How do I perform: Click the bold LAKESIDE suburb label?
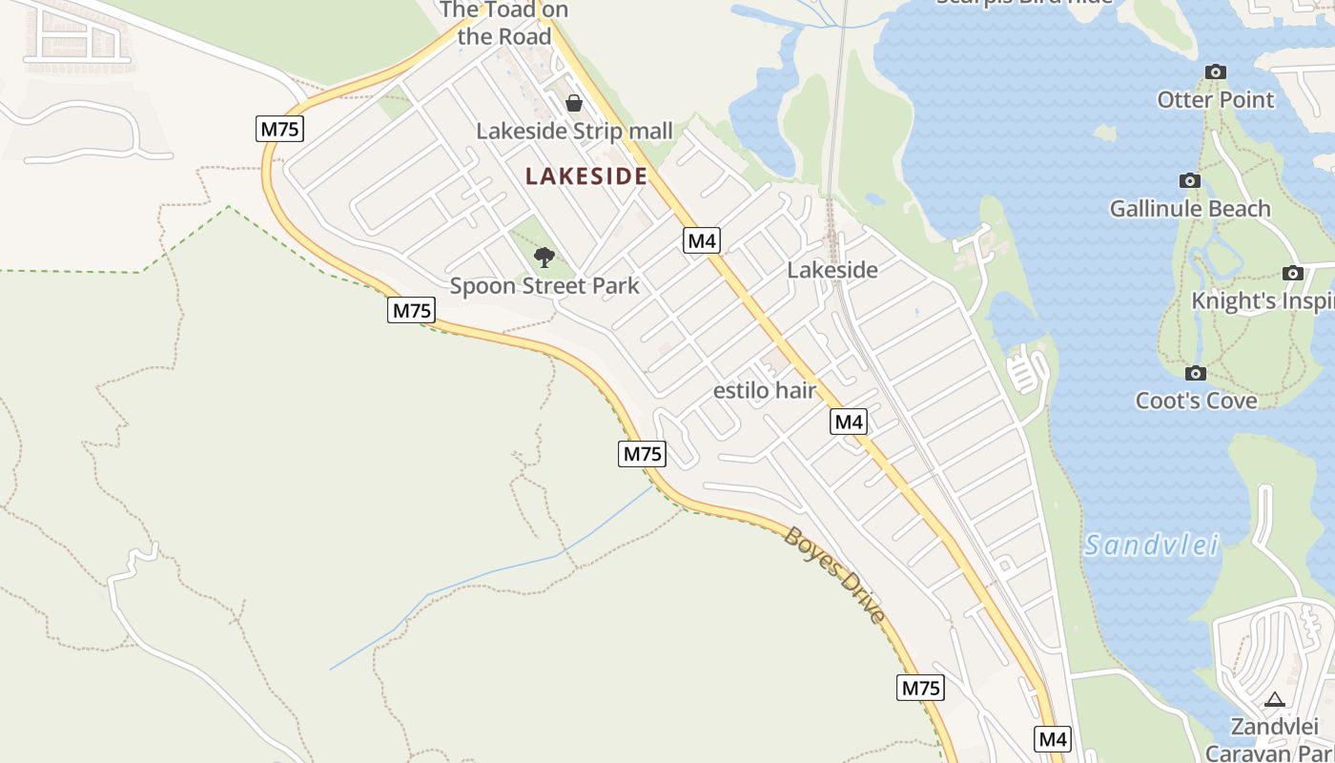586,176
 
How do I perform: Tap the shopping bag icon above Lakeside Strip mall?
574,103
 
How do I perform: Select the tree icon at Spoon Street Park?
544,257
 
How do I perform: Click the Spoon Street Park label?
544,285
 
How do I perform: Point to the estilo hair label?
765,390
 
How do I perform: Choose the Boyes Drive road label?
834,575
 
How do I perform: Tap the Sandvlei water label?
1152,546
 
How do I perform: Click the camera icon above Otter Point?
1215,72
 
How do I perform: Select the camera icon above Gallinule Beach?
1189,180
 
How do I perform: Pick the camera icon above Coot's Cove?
1196,373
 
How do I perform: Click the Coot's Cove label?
1196,401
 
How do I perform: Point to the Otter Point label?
1215,99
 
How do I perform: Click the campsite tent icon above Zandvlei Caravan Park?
1275,700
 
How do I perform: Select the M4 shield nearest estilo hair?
848,421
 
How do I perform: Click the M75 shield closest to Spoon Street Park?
411,310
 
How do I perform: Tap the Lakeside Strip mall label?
574,131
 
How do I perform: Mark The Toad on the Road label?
504,24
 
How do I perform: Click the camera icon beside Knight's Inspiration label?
1293,273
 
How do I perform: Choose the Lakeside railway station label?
832,270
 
